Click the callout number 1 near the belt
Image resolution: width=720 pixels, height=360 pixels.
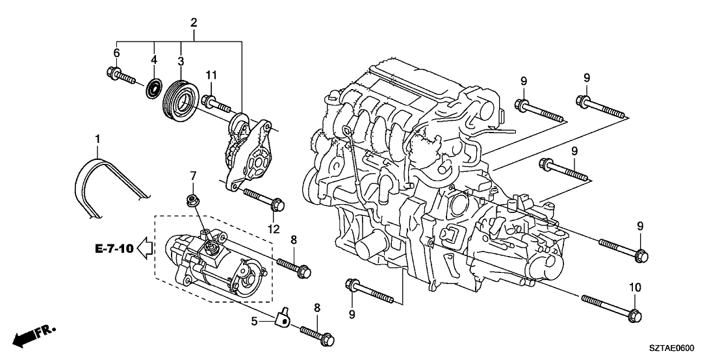pos(98,139)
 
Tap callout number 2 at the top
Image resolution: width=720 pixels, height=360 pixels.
pos(194,23)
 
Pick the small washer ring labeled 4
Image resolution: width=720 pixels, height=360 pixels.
pos(155,86)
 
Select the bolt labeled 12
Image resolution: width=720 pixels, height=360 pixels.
pos(263,198)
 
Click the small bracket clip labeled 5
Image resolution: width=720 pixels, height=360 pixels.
pos(283,317)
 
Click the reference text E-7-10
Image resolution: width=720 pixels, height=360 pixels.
pos(114,248)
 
